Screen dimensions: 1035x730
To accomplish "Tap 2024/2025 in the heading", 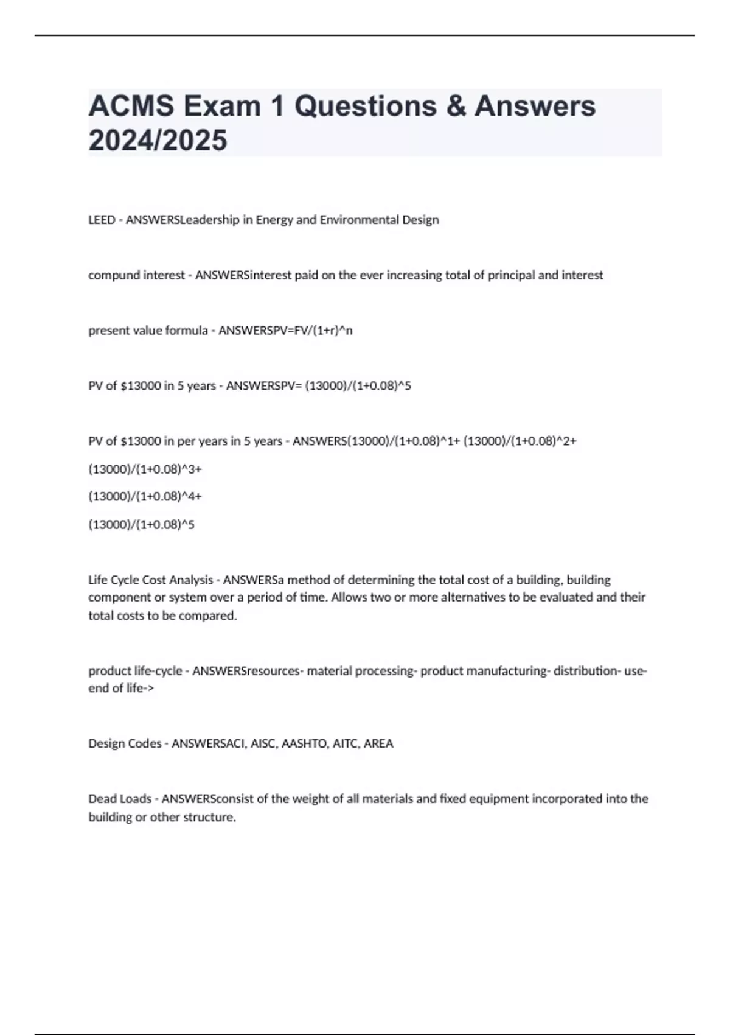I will point(158,140).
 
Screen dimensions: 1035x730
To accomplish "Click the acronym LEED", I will point(102,220).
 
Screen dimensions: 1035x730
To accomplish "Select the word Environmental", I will point(360,220).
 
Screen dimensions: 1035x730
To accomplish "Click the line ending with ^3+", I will point(145,469).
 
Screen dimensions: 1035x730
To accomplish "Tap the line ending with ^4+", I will point(145,497).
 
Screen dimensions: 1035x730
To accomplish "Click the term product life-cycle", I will point(135,671).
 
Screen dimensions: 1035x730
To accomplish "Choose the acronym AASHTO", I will point(304,743).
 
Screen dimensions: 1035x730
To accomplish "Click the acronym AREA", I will point(378,743).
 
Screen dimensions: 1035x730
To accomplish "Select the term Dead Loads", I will point(120,799).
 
